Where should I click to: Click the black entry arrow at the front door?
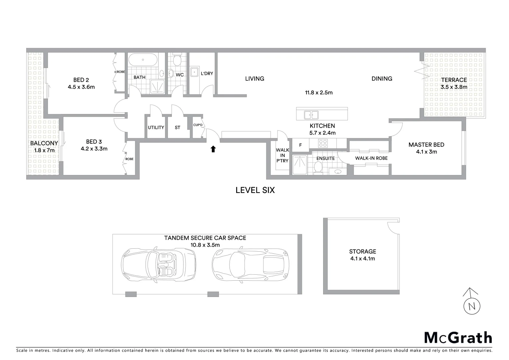[x=213, y=149]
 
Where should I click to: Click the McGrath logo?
[x=458, y=338]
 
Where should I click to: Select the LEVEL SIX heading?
[x=255, y=190]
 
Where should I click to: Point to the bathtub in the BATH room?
[x=143, y=60]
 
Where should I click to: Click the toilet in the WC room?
[x=177, y=60]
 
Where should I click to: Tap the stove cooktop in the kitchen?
[x=323, y=143]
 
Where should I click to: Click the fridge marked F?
[x=300, y=145]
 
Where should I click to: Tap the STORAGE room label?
[x=362, y=252]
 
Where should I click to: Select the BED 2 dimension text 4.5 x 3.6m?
[x=81, y=87]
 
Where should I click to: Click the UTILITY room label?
[x=156, y=127]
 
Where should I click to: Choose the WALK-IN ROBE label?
[x=371, y=158]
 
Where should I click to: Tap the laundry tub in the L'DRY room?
[x=194, y=72]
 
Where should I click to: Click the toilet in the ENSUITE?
[x=318, y=167]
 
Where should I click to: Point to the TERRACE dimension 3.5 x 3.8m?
[x=454, y=87]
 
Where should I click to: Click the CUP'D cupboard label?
[x=198, y=125]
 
